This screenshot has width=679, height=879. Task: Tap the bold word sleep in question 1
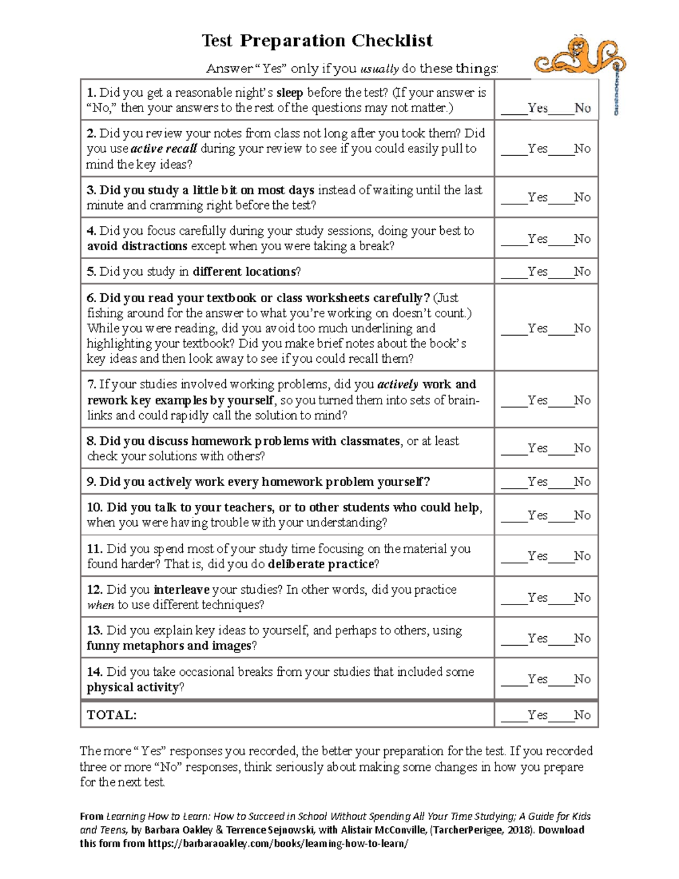coord(289,93)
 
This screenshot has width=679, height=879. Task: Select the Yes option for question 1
coord(537,108)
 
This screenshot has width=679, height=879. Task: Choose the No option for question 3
coord(582,198)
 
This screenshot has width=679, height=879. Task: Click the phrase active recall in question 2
coord(164,149)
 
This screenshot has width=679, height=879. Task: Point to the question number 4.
coord(91,231)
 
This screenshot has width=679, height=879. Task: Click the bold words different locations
coord(244,272)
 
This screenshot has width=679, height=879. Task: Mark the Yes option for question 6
coord(537,328)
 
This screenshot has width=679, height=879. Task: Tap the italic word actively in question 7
coord(397,385)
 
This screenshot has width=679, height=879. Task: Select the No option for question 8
coord(582,448)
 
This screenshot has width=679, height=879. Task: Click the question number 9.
coord(91,482)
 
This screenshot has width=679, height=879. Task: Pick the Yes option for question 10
coord(537,516)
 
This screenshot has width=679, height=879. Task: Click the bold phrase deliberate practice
coord(321,564)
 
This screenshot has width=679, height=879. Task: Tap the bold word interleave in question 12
coord(182,590)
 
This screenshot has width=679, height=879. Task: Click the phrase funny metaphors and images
coord(169,646)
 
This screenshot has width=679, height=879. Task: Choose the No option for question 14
coord(582,679)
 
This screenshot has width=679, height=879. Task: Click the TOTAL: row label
coord(111,715)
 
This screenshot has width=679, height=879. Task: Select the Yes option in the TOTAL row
coord(537,715)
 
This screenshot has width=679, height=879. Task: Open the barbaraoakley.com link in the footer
coord(277,844)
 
